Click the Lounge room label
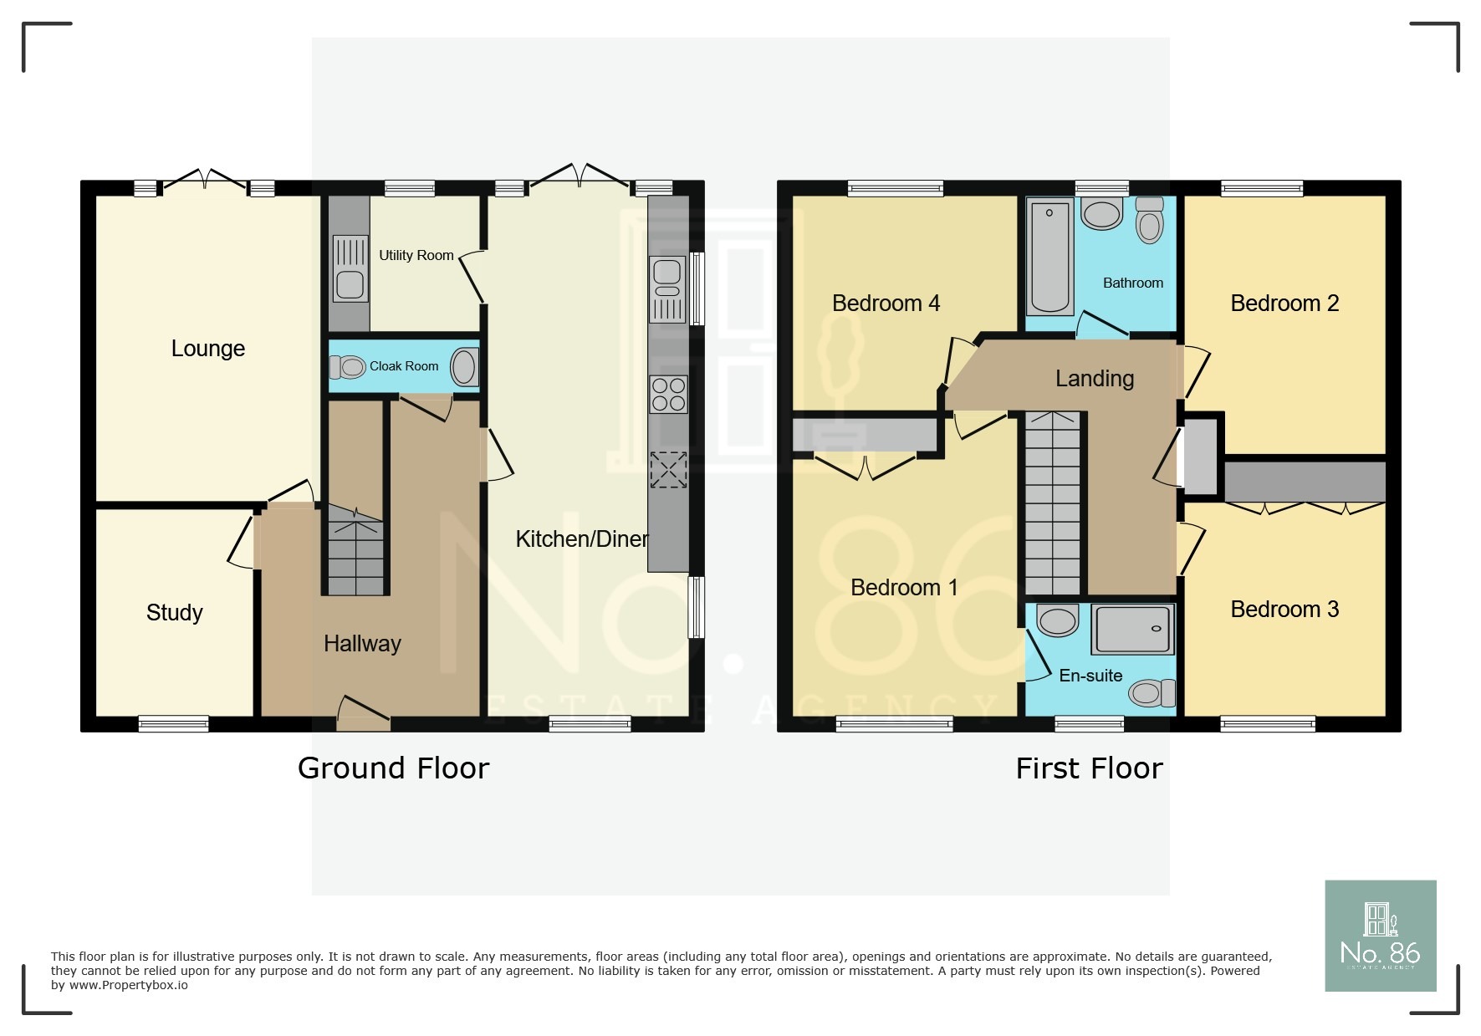(207, 349)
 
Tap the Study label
(174, 613)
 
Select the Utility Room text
(416, 255)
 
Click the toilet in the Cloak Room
(349, 366)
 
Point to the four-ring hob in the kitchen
(668, 395)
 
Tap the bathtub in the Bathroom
(1049, 256)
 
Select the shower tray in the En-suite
(1132, 629)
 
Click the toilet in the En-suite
(1152, 692)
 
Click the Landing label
(1094, 379)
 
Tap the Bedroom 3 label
(1284, 610)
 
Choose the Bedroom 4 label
(886, 304)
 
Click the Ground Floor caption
(393, 768)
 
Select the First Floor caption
(1089, 768)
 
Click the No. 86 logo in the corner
(1380, 936)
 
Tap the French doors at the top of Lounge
(204, 180)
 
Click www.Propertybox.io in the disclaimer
(128, 986)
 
